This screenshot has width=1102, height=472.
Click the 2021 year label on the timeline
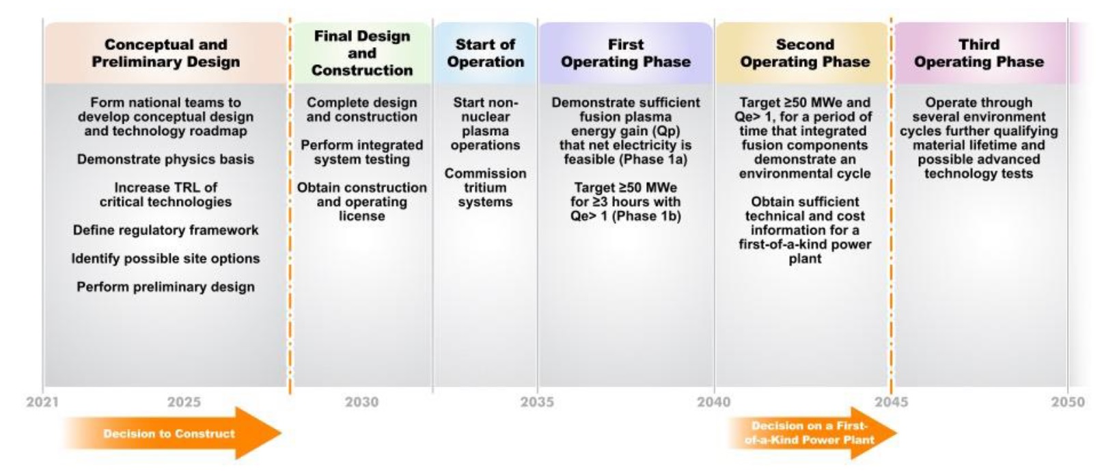[x=42, y=402]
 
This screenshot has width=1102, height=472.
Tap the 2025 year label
[x=184, y=402]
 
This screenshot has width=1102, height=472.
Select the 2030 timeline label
[x=361, y=402]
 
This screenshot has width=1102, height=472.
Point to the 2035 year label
[x=537, y=402]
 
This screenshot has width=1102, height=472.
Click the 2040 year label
[x=714, y=402]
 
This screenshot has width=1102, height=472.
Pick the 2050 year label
[x=1068, y=402]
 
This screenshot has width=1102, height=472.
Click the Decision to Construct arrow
[x=172, y=433]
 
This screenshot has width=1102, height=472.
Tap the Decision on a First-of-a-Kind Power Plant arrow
[x=812, y=433]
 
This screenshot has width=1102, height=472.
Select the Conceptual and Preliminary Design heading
[x=166, y=53]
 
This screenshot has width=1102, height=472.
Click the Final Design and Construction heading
[x=362, y=53]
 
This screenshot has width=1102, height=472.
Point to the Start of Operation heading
[x=486, y=53]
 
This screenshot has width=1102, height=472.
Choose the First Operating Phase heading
[x=626, y=53]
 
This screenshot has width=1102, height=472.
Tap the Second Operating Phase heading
[x=805, y=53]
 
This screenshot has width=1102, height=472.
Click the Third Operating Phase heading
[x=979, y=53]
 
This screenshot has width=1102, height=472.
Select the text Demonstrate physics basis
[x=166, y=159]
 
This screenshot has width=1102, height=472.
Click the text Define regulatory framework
[x=166, y=230]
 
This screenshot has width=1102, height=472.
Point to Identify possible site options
[x=166, y=259]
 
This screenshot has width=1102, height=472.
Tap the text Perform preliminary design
[x=166, y=287]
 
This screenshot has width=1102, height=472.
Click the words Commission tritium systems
[x=486, y=188]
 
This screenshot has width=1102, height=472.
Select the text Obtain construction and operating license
[x=362, y=202]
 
